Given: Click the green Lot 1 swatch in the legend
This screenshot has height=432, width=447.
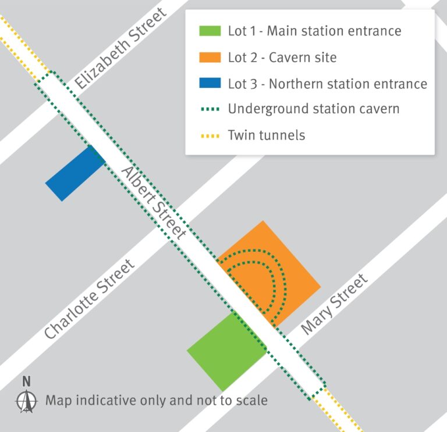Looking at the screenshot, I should point(210,31).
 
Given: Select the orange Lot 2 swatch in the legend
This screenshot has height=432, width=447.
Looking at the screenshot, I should point(210,57).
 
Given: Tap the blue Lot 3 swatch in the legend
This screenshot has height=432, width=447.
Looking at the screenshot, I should point(210,83).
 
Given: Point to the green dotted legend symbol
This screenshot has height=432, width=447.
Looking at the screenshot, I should point(210,109).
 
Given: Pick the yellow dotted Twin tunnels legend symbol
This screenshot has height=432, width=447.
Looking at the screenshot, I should point(210,135).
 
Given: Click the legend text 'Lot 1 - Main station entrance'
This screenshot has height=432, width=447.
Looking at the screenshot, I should point(314,31).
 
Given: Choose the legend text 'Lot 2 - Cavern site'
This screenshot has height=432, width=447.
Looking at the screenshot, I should point(282,57).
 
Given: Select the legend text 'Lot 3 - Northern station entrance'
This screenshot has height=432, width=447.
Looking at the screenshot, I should point(328,83).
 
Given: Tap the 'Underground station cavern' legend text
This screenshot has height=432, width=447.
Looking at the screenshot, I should point(314,109).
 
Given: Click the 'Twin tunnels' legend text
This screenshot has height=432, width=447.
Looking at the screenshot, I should point(267,135).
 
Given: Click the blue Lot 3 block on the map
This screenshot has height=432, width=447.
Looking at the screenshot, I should point(74,173).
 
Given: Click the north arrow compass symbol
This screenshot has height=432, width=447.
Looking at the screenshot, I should point(26,401).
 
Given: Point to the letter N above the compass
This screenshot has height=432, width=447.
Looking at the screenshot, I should point(26,381).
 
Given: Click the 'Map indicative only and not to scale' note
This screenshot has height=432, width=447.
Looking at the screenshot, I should point(157,401).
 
